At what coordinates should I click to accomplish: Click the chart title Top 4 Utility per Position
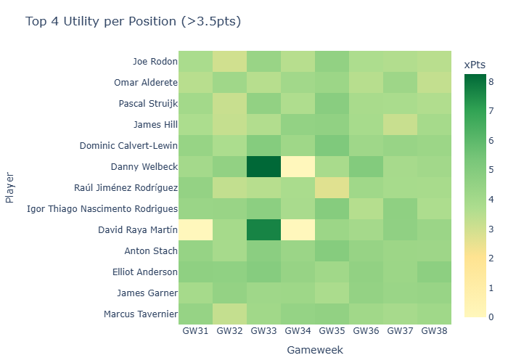point(133,22)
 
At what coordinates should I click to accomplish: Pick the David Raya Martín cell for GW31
point(195,230)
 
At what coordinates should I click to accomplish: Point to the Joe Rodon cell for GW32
point(229,62)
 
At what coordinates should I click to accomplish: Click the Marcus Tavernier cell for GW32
point(229,314)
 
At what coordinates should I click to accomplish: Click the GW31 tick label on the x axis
point(195,331)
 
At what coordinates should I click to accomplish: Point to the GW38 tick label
point(434,331)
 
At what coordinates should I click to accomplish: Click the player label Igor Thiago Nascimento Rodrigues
point(102,209)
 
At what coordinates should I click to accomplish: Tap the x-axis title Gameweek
point(315,350)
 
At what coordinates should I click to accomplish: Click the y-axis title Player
point(9,188)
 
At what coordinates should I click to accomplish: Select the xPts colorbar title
point(475,65)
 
